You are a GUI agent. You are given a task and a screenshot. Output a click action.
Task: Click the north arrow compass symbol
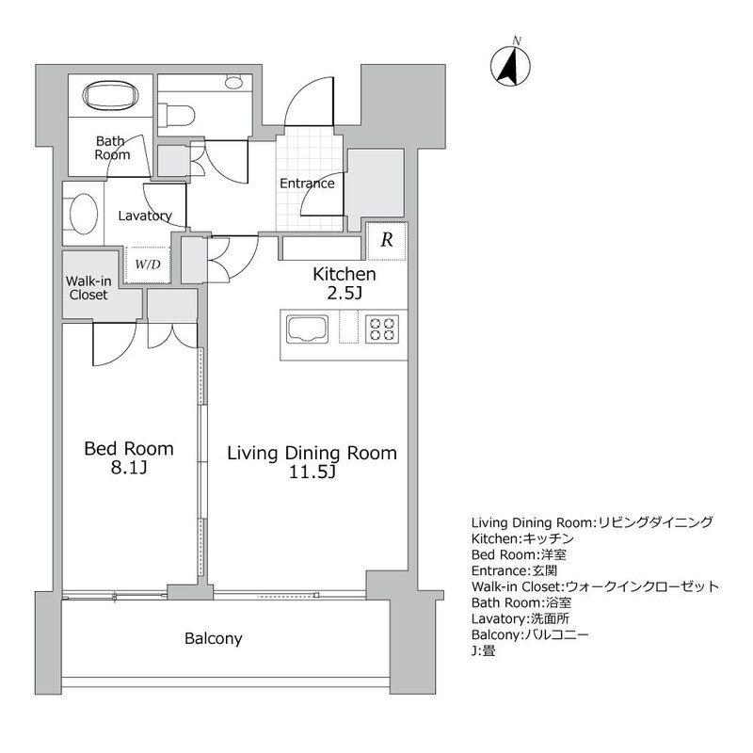tap(510, 65)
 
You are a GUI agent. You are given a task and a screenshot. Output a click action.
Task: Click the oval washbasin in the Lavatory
tap(84, 215)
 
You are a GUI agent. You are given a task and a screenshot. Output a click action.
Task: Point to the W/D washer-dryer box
tap(148, 264)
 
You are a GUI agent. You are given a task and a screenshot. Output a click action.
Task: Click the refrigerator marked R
tap(387, 240)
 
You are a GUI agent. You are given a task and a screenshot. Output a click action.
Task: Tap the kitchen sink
tap(308, 329)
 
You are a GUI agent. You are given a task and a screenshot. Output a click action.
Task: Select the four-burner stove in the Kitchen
tap(382, 328)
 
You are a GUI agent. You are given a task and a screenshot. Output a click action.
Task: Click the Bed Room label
tap(129, 449)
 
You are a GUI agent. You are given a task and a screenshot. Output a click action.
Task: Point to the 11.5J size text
tap(312, 473)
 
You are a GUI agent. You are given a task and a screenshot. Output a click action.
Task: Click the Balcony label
tap(214, 638)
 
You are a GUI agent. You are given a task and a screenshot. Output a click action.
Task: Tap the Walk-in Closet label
tap(88, 288)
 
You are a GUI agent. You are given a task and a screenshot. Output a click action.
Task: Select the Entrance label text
tap(307, 183)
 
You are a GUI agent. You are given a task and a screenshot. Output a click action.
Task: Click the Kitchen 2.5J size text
tap(344, 293)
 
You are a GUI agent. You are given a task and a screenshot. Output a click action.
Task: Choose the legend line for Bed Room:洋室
tap(519, 554)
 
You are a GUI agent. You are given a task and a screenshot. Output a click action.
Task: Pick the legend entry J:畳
tap(483, 651)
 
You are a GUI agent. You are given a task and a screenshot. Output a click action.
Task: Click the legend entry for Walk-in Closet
tap(595, 586)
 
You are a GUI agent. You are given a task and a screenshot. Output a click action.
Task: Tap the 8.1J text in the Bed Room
tap(129, 467)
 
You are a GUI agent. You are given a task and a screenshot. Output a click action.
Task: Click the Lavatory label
tap(145, 216)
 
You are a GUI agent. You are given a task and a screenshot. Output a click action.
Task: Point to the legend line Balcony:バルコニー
tap(530, 634)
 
